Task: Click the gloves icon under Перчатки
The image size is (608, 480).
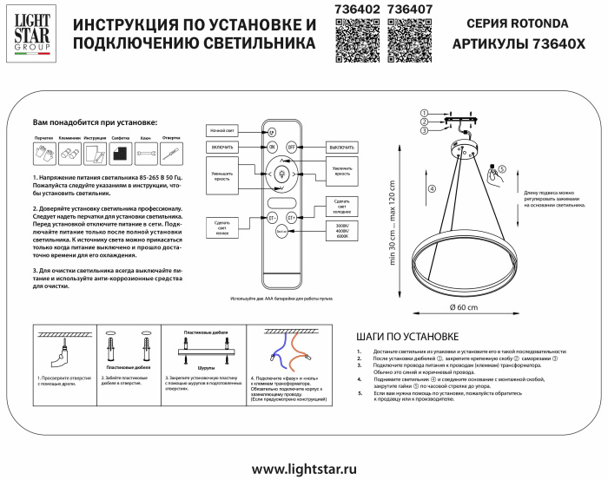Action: [43, 154]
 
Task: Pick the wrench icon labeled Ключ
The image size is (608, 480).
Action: [147, 154]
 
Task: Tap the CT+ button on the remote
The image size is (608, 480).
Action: [292, 217]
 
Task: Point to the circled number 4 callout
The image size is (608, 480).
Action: [432, 188]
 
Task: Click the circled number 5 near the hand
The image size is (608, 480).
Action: [502, 169]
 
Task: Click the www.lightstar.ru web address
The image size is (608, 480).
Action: [304, 468]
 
